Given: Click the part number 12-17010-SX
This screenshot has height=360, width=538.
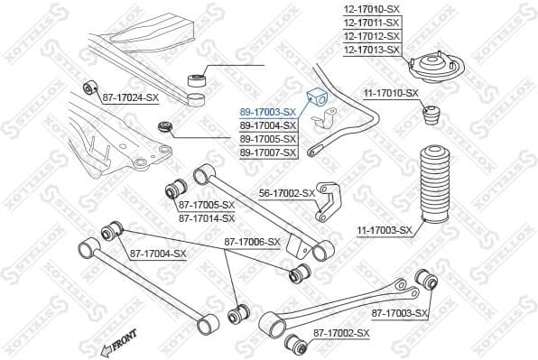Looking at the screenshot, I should tap(371, 9).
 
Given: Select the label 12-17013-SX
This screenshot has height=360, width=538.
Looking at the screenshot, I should tap(371, 50).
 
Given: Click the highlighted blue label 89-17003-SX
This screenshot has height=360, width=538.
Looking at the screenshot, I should tap(268, 111).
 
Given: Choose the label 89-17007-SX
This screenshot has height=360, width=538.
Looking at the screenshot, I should tap(268, 152).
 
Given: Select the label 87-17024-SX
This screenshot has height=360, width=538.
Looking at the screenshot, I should tap(130, 96).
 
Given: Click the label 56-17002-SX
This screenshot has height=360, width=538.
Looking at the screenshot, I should tap(287, 193).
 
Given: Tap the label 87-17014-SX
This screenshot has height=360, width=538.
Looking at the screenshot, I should tap(206, 218).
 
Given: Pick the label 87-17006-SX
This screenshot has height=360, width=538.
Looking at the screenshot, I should tap(253, 242).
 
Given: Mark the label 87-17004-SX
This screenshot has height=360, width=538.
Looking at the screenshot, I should tap(158, 254).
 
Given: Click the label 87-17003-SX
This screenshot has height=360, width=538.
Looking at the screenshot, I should tap(399, 313).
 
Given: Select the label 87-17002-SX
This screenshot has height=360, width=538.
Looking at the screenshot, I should tap(341, 334).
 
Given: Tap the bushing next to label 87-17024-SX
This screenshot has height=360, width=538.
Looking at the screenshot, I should tap(90, 88).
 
